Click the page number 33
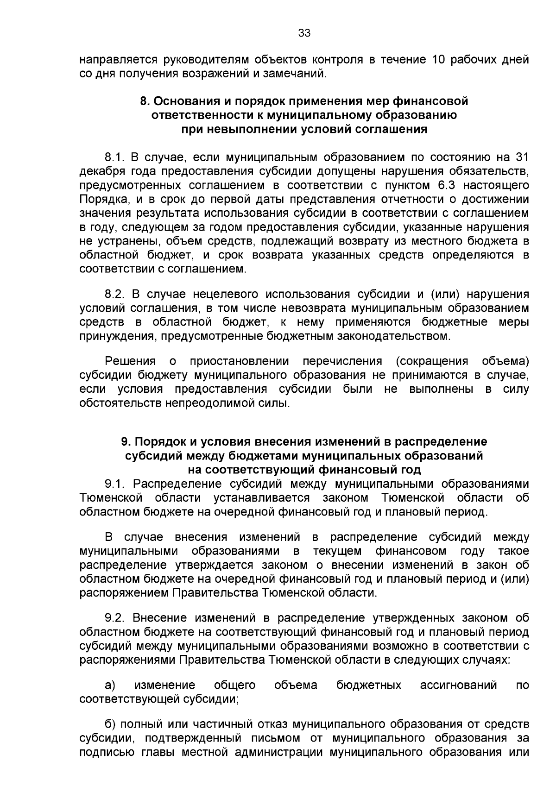pos(304,33)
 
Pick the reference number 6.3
pos(447,185)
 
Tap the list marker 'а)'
pos(110,685)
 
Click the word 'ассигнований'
pos(458,685)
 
